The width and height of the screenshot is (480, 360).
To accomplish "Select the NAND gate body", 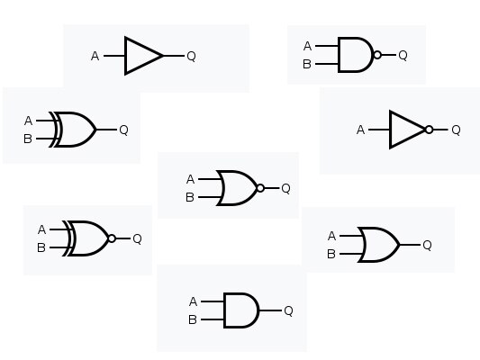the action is click(x=355, y=55).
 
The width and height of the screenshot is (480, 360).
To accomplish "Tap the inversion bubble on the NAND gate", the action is click(x=377, y=55).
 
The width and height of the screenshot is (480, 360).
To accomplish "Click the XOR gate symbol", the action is click(x=73, y=130).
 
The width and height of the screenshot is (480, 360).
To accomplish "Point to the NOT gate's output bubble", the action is click(x=430, y=130).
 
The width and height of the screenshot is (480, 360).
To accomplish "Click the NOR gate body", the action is click(x=236, y=188).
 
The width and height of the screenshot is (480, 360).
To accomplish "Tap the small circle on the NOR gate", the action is click(x=260, y=188).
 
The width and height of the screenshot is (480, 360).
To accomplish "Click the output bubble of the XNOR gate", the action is click(x=112, y=238).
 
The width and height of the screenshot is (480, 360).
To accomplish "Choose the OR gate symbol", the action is click(x=378, y=245).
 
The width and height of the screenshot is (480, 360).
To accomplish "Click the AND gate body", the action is click(x=241, y=310).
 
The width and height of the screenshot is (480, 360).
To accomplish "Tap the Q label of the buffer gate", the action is click(x=191, y=56).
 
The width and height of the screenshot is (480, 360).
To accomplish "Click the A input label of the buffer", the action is click(x=95, y=56).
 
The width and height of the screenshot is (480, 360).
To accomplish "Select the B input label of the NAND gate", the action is click(x=307, y=64).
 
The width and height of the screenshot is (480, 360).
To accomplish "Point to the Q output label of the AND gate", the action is click(x=289, y=310).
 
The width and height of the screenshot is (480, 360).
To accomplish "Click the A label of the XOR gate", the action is click(x=28, y=121).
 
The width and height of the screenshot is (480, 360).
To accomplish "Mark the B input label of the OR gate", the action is click(x=331, y=254).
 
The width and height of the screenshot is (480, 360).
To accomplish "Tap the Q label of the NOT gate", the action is click(x=456, y=130).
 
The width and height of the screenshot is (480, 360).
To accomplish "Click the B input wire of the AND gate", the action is click(x=213, y=319).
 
